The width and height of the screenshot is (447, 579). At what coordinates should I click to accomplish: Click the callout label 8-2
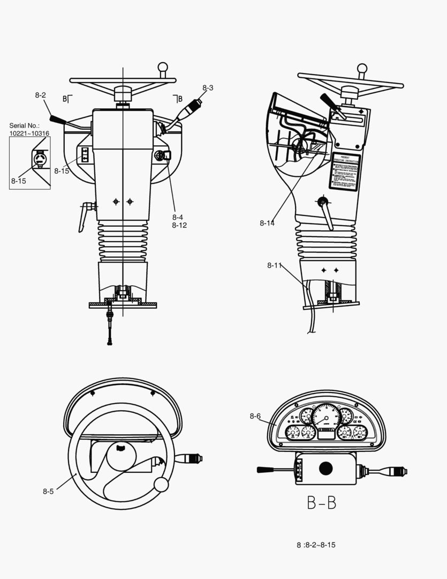pos(40,95)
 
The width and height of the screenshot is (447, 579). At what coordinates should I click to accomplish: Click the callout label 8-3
pos(208,87)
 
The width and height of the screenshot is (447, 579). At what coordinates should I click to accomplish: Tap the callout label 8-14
pos(267,223)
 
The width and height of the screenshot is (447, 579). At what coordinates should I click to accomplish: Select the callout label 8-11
pos(274,265)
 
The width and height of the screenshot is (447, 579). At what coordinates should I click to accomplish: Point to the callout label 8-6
pos(255,416)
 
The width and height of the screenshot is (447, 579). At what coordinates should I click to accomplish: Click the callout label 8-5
pos(48,491)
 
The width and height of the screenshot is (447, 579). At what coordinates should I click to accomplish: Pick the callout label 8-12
pos(179,226)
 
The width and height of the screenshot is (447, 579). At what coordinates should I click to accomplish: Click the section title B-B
pos(321,503)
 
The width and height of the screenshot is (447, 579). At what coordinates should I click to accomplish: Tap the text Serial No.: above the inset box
pos(24,126)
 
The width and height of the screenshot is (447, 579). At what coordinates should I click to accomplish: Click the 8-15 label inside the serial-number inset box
pos(18,181)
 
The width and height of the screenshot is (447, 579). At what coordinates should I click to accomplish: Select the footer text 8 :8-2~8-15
pos(316,545)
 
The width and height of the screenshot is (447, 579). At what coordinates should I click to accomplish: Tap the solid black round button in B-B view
pos(325,469)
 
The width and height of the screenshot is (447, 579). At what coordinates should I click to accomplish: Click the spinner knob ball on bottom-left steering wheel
pos(161,484)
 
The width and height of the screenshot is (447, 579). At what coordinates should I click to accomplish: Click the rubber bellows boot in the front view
pos(122,242)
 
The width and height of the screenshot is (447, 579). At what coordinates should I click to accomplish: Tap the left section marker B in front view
pos(65,99)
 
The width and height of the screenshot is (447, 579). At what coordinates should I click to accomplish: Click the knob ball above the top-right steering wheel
pos(362,69)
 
